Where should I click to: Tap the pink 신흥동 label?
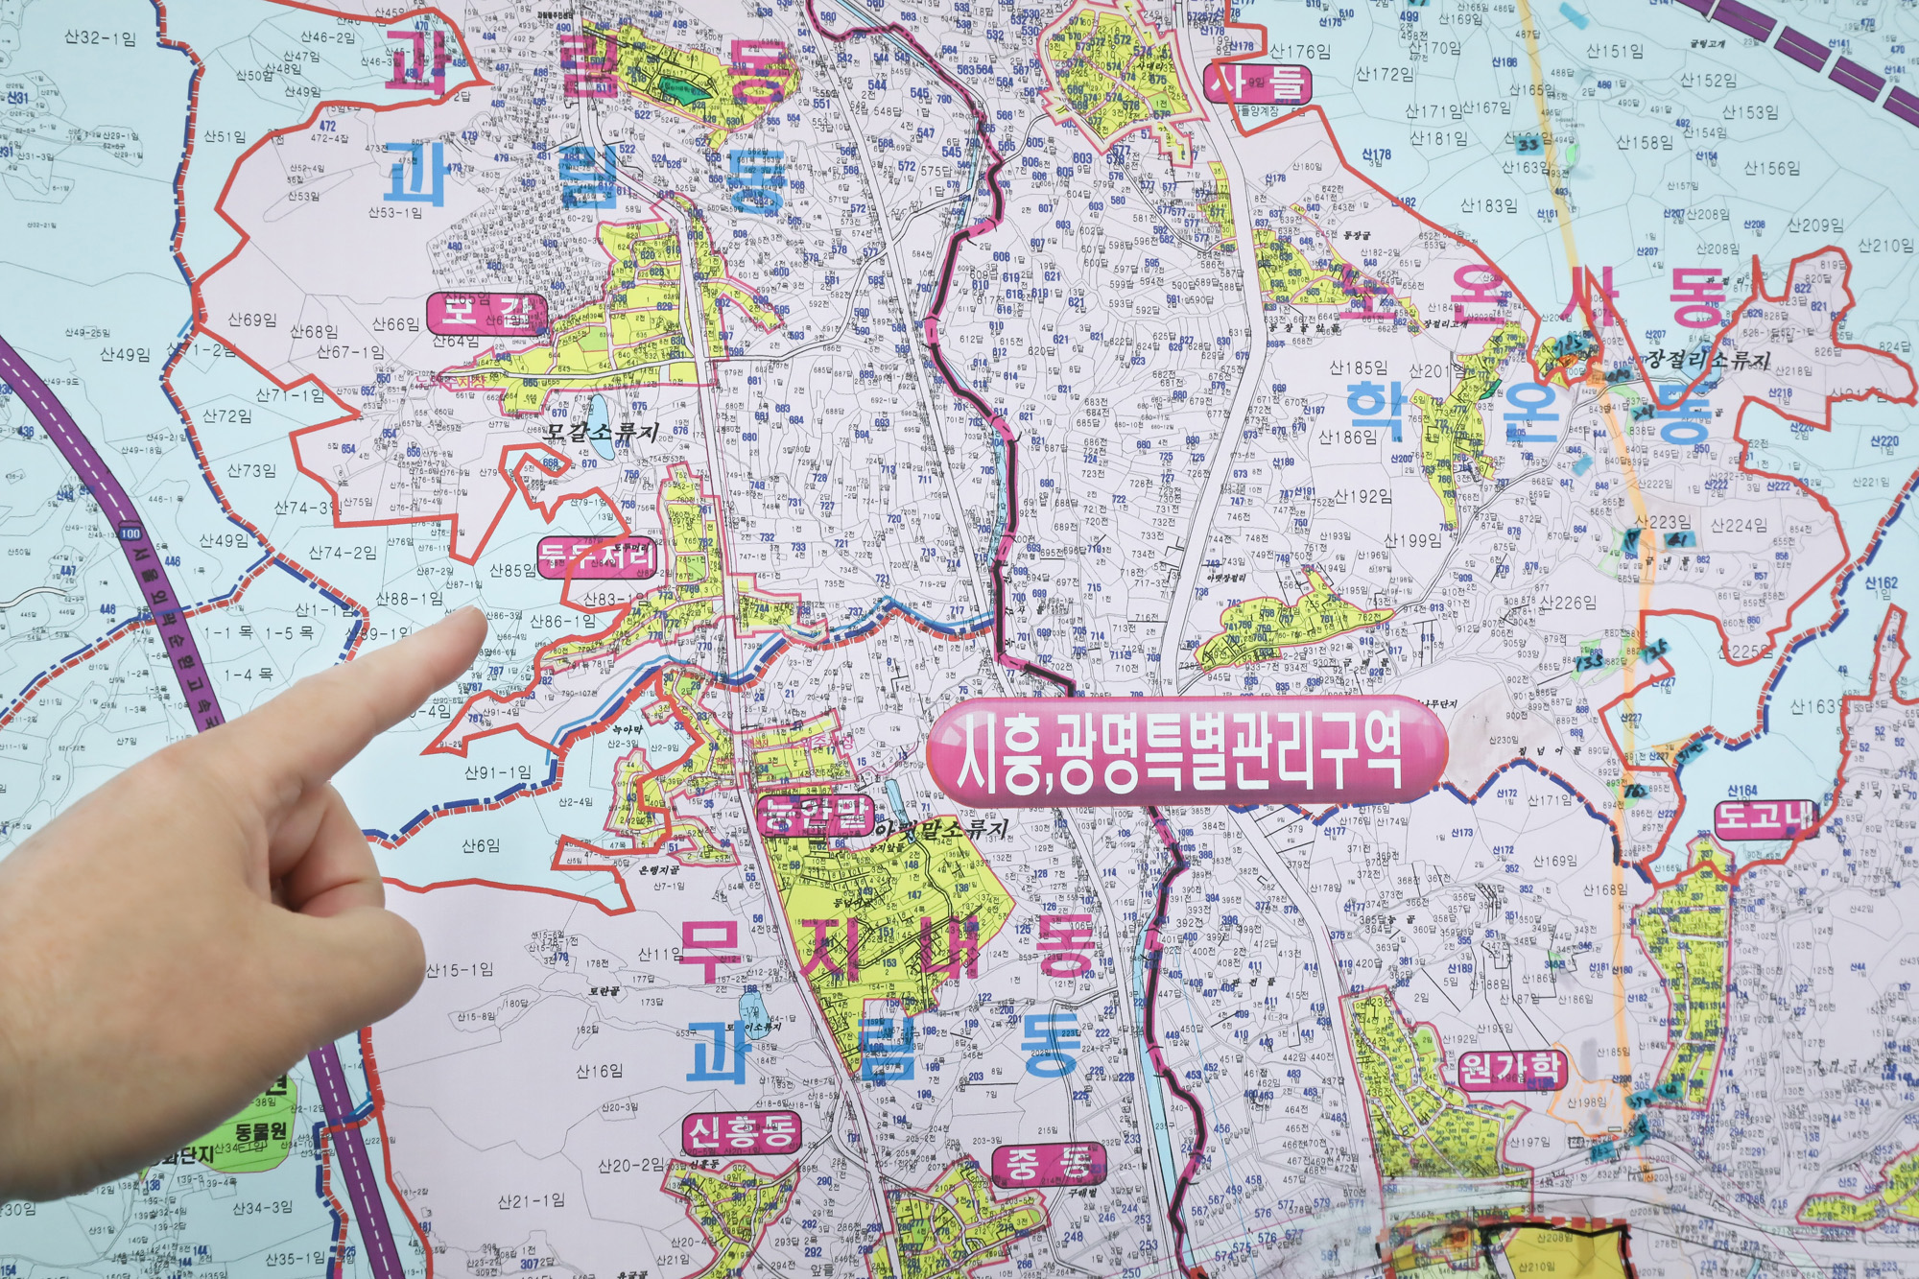pos(743,1133)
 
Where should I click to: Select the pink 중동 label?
pos(1048,1165)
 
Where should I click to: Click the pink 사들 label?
pos(1258,83)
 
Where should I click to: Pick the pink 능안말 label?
pos(815,816)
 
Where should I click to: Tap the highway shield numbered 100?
pos(130,533)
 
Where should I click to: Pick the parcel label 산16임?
pos(599,1071)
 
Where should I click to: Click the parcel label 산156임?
pos(1771,169)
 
